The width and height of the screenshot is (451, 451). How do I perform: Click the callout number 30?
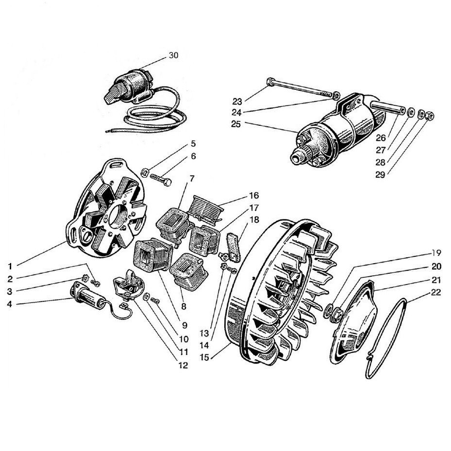point(173,55)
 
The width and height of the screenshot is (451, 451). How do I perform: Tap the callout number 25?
point(237,124)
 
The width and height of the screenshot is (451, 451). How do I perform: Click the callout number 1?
point(10,266)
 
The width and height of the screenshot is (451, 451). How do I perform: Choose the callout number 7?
point(192,179)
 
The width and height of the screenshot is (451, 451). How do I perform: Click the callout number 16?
point(254,196)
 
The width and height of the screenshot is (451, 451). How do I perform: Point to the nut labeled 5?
point(144,172)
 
